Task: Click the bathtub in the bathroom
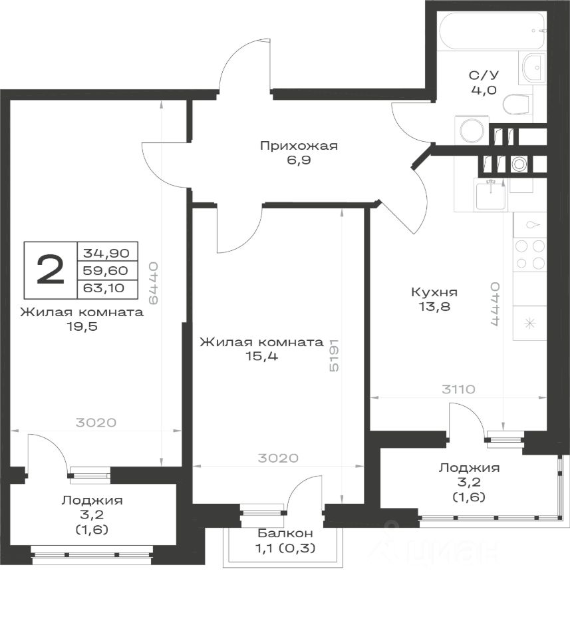pyautogui.click(x=492, y=31)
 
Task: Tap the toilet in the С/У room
pyautogui.click(x=517, y=105)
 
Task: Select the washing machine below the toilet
pyautogui.click(x=472, y=130)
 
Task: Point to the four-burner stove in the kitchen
pyautogui.click(x=529, y=255)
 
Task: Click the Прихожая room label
pyautogui.click(x=299, y=146)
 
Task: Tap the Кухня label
pyautogui.click(x=434, y=292)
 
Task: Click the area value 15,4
pyautogui.click(x=261, y=356)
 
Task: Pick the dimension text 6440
pyautogui.click(x=153, y=283)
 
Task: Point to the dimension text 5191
pyautogui.click(x=334, y=355)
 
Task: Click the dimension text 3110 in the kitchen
pyautogui.click(x=458, y=389)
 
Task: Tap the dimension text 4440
pyautogui.click(x=495, y=304)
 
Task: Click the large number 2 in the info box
pyautogui.click(x=51, y=270)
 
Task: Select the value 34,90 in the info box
pyautogui.click(x=106, y=253)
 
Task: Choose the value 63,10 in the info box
pyautogui.click(x=104, y=288)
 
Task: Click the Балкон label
pyautogui.click(x=285, y=533)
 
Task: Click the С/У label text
pyautogui.click(x=484, y=75)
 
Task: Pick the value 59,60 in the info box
pyautogui.click(x=106, y=270)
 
